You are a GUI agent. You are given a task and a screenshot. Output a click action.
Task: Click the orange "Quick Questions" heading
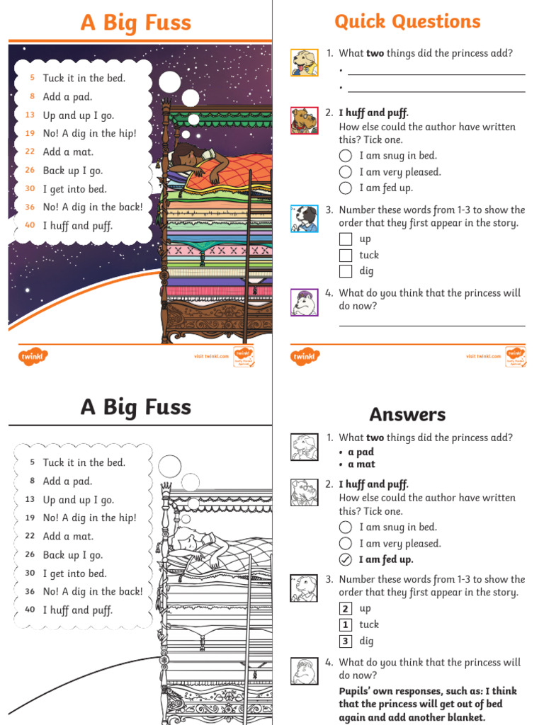click(x=407, y=22)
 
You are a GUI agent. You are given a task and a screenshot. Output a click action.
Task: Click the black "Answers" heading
click(x=407, y=414)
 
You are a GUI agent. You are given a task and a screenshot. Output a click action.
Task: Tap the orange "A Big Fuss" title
click(x=136, y=23)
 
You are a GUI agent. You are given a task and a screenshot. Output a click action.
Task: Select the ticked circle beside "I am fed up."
click(x=346, y=559)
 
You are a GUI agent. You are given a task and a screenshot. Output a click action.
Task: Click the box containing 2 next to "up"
click(x=346, y=608)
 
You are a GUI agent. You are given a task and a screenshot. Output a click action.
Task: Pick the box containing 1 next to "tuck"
click(x=346, y=624)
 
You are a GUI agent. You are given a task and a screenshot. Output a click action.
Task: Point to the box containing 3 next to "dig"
click(x=346, y=641)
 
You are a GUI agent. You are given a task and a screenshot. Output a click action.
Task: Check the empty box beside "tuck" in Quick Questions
click(x=346, y=255)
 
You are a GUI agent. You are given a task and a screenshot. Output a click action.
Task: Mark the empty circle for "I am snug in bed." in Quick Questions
click(x=346, y=156)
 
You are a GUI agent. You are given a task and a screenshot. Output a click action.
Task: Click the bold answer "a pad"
click(x=361, y=452)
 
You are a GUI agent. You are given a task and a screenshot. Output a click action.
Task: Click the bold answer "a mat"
click(x=361, y=464)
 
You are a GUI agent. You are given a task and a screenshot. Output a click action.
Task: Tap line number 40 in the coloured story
click(x=30, y=225)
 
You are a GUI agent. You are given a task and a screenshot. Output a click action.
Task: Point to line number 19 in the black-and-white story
click(x=30, y=518)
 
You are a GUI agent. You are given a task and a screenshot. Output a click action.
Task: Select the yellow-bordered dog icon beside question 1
click(x=305, y=62)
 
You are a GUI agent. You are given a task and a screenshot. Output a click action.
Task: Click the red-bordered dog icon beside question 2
click(x=305, y=120)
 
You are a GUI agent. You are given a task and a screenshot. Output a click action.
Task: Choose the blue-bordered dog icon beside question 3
click(x=305, y=218)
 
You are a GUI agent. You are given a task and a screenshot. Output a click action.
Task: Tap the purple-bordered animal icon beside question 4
click(x=305, y=302)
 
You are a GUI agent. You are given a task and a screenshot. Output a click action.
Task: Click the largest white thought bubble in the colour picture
click(x=170, y=82)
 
